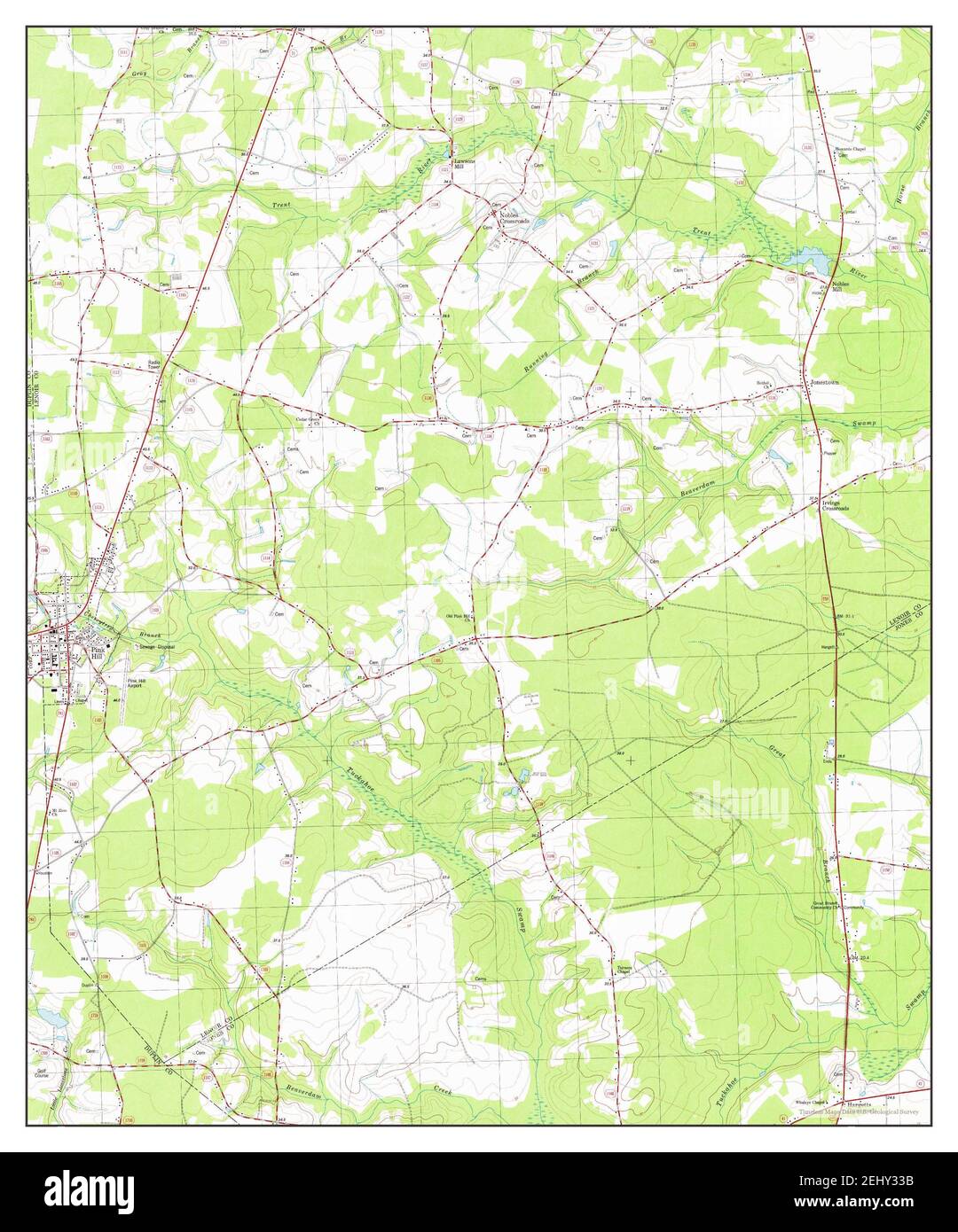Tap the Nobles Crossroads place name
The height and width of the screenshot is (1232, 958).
[512, 216]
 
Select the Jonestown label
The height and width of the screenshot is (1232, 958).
[824, 382]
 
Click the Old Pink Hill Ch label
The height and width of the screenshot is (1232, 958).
[459, 618]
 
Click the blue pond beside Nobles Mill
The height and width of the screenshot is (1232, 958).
[813, 259]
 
